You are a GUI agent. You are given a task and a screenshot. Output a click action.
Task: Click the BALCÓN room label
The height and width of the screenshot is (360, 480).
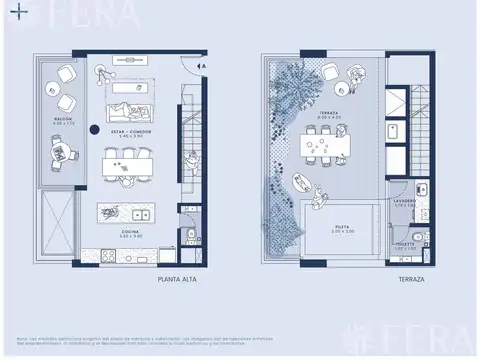(x=61, y=119)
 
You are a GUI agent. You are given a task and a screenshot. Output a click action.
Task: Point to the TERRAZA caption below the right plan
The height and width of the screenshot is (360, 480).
(x=412, y=283)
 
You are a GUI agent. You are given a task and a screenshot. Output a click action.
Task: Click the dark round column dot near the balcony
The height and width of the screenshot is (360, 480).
(x=91, y=128)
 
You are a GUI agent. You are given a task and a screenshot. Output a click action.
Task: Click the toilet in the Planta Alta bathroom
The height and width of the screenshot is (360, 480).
(x=190, y=237)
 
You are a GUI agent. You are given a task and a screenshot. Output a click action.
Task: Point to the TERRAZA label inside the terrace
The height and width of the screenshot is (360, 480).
(x=328, y=116)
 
